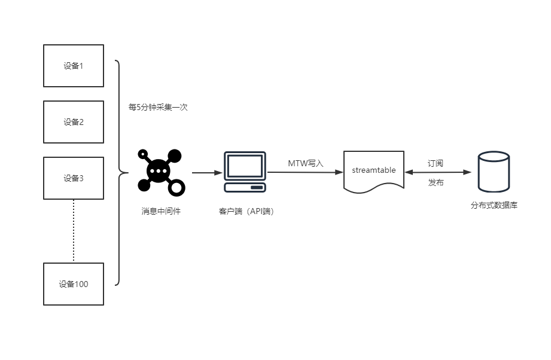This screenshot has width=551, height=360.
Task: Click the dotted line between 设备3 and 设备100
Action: [x=74, y=231]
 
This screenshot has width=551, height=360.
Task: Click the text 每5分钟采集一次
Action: [x=158, y=107]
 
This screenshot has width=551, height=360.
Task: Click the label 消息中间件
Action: [x=161, y=211]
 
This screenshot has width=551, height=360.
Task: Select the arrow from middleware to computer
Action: [x=208, y=172]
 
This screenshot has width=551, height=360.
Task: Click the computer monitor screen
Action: [x=245, y=166]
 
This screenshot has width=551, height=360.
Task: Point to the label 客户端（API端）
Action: [x=246, y=211]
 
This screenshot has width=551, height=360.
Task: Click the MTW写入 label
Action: [x=305, y=163]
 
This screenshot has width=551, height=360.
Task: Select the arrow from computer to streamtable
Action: [x=305, y=172]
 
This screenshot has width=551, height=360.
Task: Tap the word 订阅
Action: [x=436, y=163]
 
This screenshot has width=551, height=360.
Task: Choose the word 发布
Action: [x=436, y=182]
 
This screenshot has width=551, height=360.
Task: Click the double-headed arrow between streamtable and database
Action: [x=438, y=172]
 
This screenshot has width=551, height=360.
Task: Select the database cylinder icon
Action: [x=494, y=172]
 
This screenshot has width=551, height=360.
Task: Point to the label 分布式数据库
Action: [x=494, y=205]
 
